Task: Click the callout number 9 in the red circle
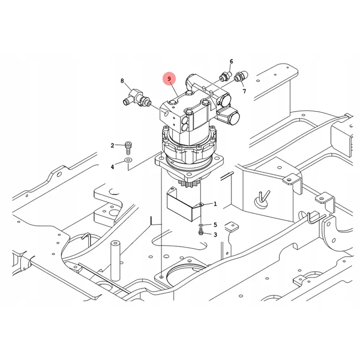pyautogui.click(x=169, y=79)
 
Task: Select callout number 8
pyautogui.click(x=122, y=81)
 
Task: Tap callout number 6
pyautogui.click(x=231, y=61)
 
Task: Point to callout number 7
pyautogui.click(x=244, y=91)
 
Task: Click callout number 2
pyautogui.click(x=112, y=146)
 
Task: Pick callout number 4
pyautogui.click(x=112, y=167)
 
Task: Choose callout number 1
pyautogui.click(x=215, y=204)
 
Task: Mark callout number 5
pyautogui.click(x=215, y=225)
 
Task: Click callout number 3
pyautogui.click(x=215, y=235)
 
